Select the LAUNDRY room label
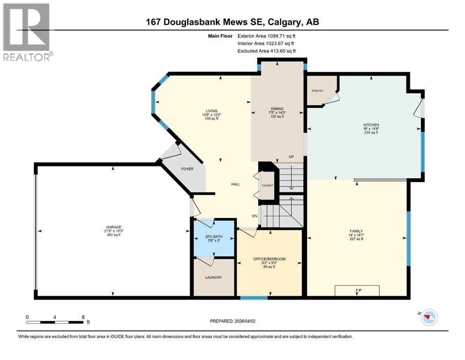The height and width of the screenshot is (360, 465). [x=213, y=277]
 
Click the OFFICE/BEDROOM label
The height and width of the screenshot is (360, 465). [x=269, y=259]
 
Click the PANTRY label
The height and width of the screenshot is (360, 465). [x=318, y=91]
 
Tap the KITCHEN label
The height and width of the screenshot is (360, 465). [x=370, y=125]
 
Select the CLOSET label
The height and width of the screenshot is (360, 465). [x=267, y=186]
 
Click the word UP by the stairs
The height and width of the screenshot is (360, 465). [x=291, y=157]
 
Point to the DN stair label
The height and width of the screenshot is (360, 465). [x=254, y=216]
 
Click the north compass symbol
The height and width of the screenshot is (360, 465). [x=428, y=317]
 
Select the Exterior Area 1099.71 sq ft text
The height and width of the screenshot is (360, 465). [x=266, y=36]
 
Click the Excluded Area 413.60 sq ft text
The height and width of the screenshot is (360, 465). [x=266, y=51]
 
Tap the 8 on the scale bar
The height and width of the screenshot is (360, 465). [x=83, y=317]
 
